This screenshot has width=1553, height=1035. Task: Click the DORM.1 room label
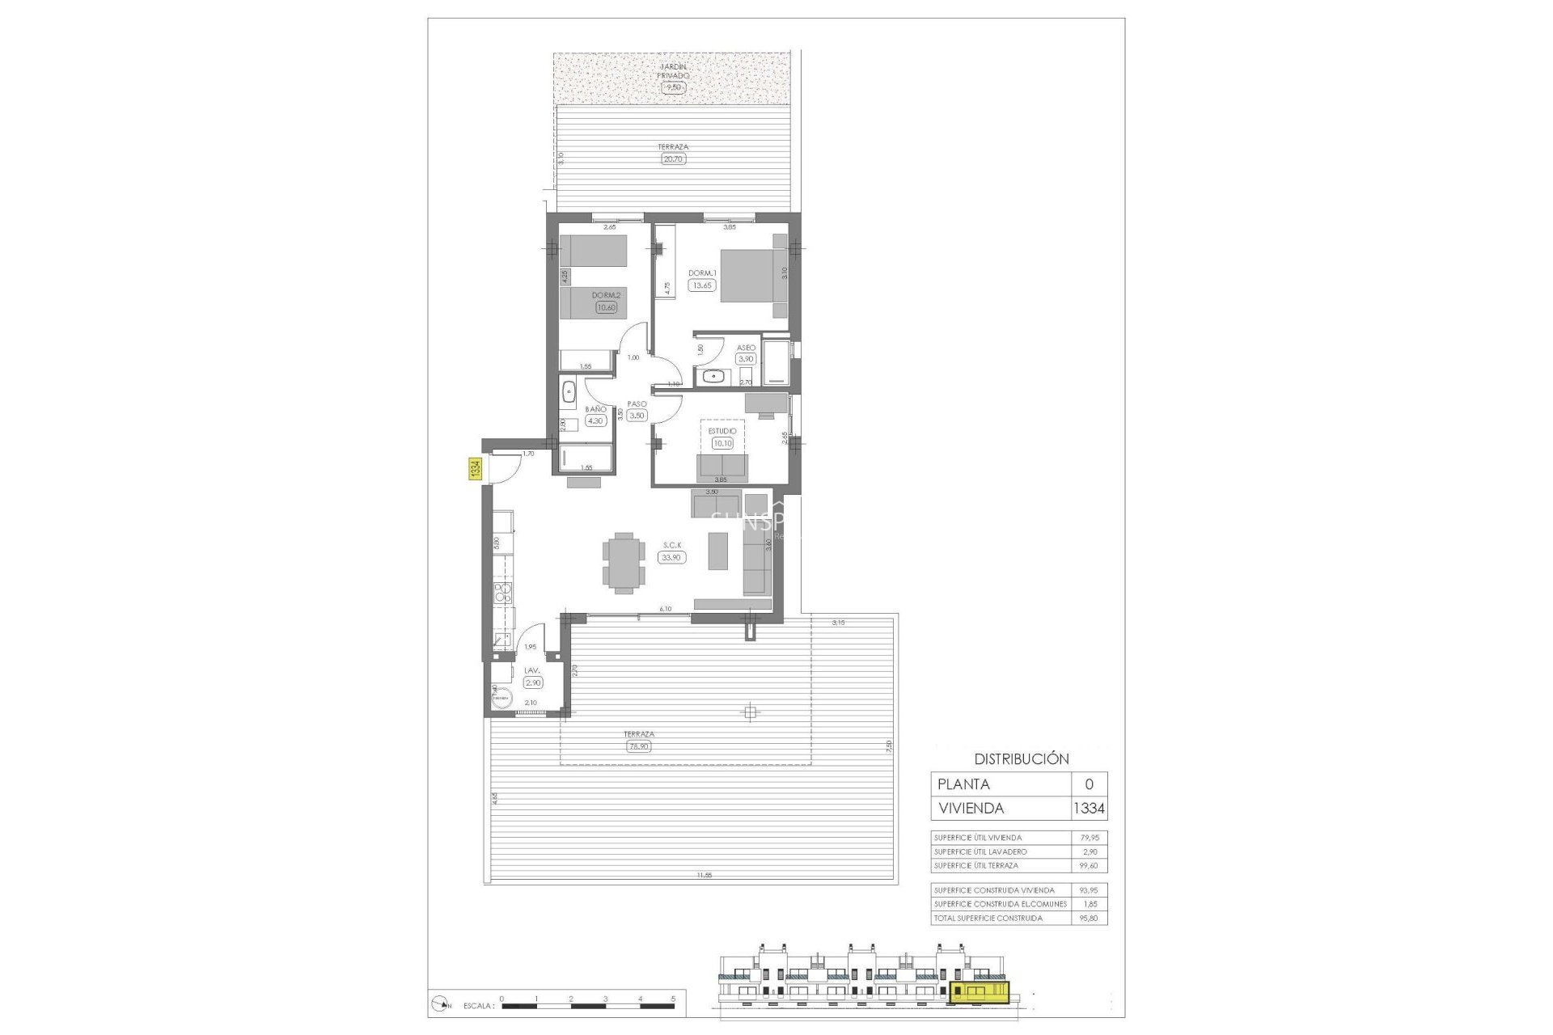(x=702, y=273)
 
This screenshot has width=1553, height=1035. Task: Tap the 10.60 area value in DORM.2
(x=606, y=307)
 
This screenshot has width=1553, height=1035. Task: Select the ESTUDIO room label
(x=722, y=431)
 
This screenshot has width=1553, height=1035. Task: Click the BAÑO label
(x=595, y=409)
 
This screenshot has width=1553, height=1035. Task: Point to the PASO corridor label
(x=637, y=404)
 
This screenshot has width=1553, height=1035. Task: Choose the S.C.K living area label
(x=672, y=546)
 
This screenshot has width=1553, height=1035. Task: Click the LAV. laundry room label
(x=532, y=671)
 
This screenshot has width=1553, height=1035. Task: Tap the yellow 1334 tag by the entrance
(x=476, y=469)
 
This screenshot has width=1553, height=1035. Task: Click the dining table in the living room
(x=624, y=563)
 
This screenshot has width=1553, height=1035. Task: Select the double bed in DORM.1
(x=753, y=276)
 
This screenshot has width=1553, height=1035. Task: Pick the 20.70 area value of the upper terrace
(x=673, y=159)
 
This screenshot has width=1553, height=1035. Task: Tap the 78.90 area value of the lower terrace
(x=638, y=746)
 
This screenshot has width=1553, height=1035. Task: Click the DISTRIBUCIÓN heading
(x=1022, y=759)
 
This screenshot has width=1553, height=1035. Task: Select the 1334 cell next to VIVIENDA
(x=1089, y=808)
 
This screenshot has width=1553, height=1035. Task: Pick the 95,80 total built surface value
(x=1090, y=918)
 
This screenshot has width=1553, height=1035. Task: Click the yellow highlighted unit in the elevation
(x=980, y=992)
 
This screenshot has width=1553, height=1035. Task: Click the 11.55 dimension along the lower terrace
(x=705, y=875)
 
